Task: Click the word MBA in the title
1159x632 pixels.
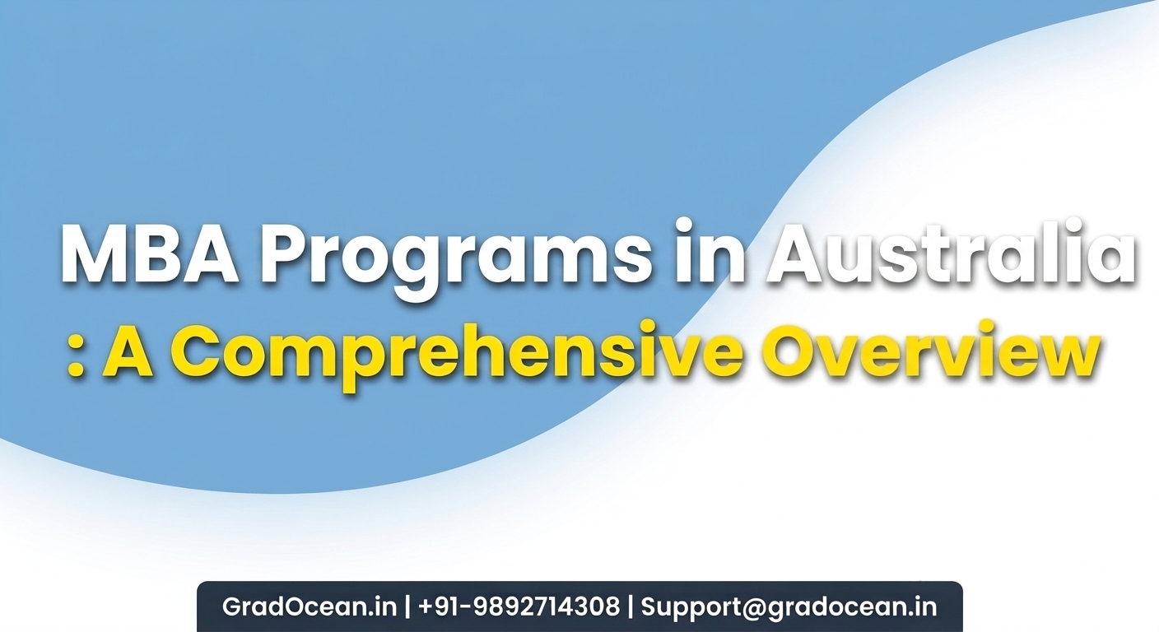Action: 150,253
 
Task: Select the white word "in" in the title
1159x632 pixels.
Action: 710,250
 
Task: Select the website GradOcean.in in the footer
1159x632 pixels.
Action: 310,606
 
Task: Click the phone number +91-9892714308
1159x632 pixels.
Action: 519,606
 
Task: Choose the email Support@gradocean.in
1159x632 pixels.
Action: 789,607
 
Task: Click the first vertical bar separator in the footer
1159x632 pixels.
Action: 407,607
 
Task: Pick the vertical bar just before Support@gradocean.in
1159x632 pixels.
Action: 631,607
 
